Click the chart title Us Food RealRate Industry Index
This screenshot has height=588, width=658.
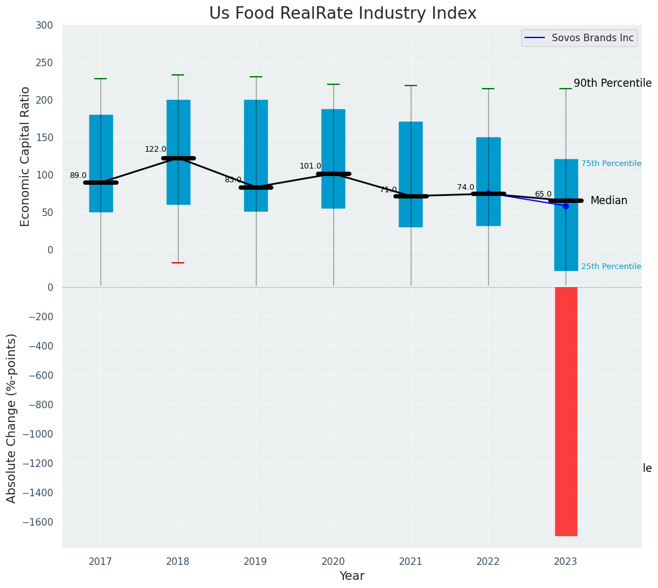point(343,14)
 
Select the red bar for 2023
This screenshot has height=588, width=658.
point(566,411)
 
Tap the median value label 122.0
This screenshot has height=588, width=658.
point(155,149)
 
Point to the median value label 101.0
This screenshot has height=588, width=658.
point(310,166)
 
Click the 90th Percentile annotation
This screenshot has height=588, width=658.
point(612,83)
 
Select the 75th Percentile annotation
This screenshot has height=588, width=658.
point(611,164)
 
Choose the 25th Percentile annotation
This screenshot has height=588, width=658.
point(611,267)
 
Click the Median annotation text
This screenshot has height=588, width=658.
point(609,200)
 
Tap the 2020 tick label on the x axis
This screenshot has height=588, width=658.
point(333,562)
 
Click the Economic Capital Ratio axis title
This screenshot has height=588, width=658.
point(26,156)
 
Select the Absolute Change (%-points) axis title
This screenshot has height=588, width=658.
point(12,418)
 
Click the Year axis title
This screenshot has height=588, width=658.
point(352,576)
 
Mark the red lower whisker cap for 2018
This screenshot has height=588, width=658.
point(178,263)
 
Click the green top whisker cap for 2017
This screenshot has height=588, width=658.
point(101,79)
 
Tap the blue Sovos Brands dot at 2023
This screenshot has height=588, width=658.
point(566,206)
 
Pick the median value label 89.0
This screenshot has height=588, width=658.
point(78,176)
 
